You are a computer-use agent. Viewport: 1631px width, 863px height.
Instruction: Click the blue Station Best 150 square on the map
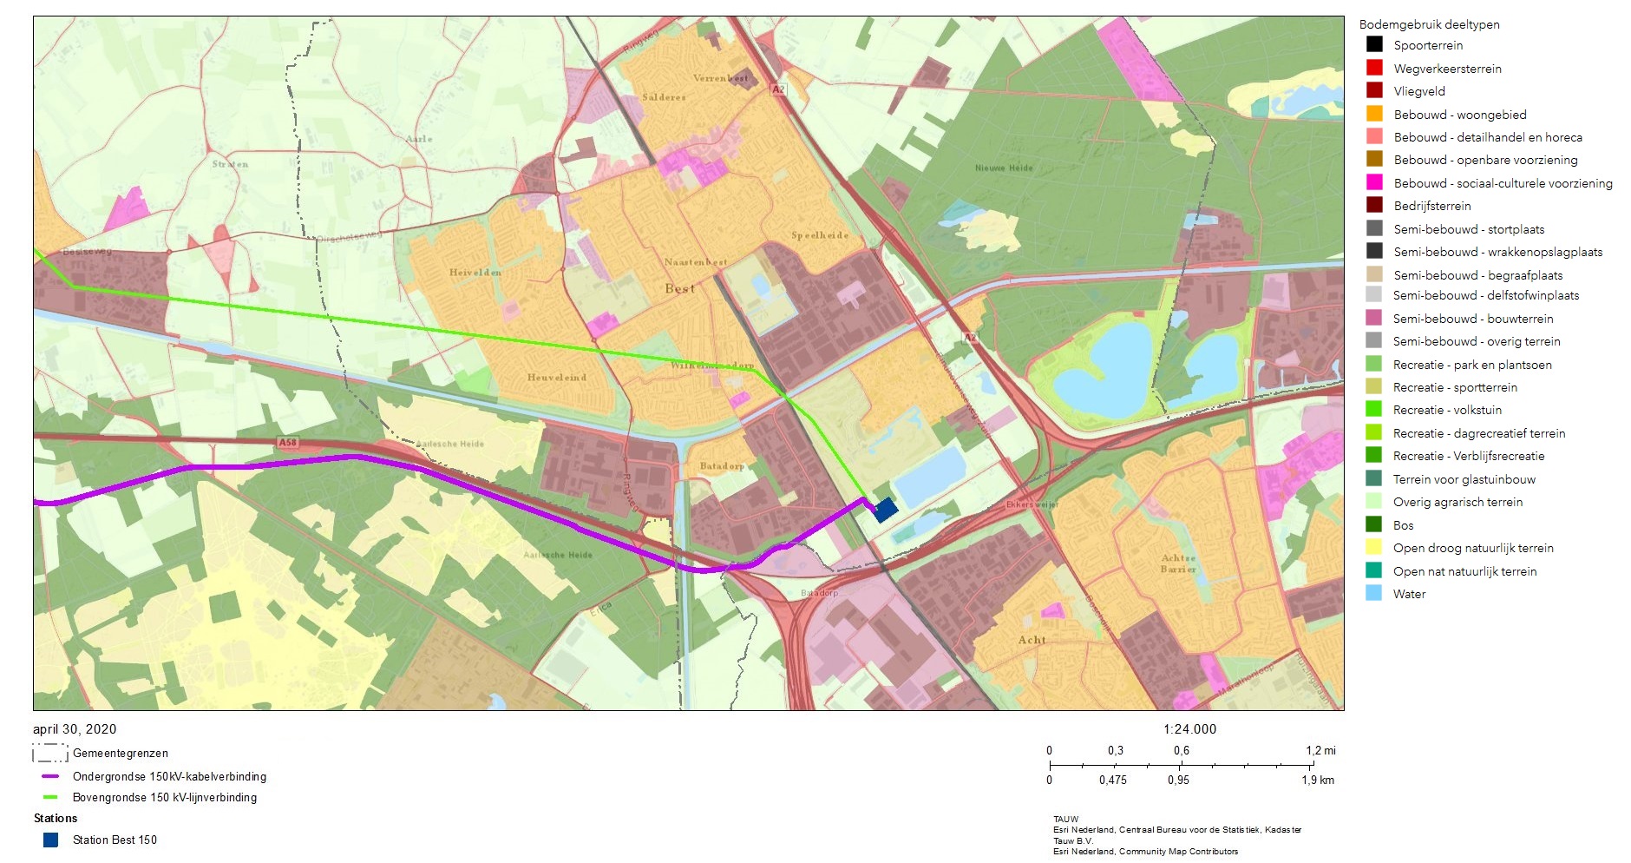tap(885, 510)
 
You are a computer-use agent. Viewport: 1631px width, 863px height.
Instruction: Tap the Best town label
tap(679, 288)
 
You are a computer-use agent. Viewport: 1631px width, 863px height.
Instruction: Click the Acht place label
tap(1032, 640)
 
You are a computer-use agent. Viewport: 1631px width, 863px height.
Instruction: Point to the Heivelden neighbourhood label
tap(475, 273)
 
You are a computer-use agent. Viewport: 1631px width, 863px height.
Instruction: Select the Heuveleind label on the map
tap(556, 378)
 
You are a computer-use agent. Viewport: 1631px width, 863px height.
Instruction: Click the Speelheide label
tap(819, 236)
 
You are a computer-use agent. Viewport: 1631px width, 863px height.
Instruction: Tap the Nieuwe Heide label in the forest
tap(1004, 168)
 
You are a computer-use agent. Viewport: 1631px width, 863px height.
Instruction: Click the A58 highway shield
tap(287, 443)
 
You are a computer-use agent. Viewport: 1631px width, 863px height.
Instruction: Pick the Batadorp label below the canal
tap(722, 466)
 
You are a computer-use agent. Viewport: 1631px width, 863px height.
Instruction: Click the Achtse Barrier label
tap(1178, 563)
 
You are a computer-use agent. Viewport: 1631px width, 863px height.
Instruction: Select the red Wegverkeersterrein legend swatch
tap(1374, 68)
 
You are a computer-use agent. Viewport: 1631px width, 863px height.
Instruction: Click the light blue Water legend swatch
tap(1374, 594)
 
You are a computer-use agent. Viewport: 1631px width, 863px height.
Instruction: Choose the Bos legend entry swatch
tap(1374, 524)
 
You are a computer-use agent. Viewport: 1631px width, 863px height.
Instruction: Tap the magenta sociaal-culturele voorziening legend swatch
tap(1374, 182)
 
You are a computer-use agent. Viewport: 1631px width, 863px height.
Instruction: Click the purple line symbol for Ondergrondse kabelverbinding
tap(50, 777)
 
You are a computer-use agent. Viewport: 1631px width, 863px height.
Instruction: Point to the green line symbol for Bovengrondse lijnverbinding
tap(50, 797)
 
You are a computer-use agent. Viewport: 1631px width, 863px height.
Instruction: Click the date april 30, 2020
tap(75, 729)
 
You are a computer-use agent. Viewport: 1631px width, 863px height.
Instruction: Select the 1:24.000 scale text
tap(1189, 729)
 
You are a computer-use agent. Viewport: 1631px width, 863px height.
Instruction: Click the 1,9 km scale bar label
tap(1317, 780)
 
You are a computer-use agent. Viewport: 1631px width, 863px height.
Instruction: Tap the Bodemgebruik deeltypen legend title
tap(1429, 24)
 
